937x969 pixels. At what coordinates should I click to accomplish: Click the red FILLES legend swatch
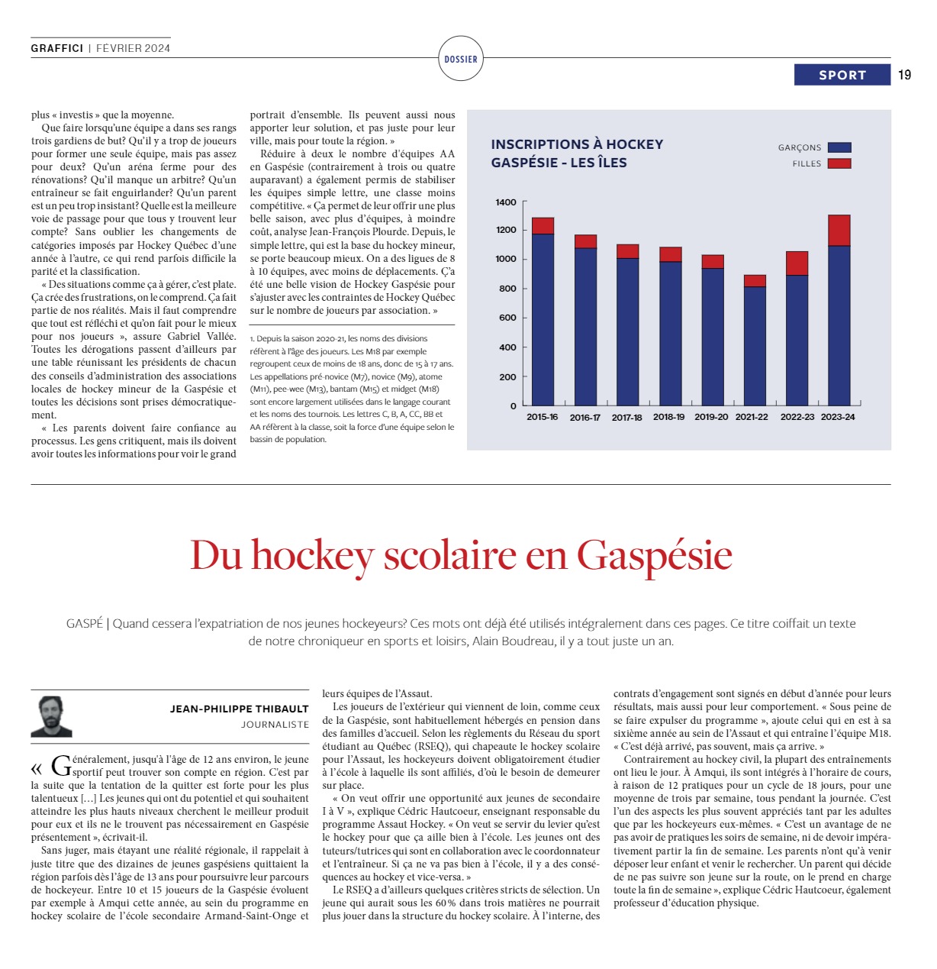pyautogui.click(x=839, y=163)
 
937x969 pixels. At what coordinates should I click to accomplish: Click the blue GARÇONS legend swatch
pyautogui.click(x=839, y=147)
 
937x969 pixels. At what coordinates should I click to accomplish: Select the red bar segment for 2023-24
pyautogui.click(x=839, y=231)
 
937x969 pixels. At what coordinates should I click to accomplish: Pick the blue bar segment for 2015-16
pyautogui.click(x=543, y=319)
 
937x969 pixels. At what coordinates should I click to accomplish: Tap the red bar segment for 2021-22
pyautogui.click(x=755, y=281)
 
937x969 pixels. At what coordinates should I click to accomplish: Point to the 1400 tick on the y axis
pyautogui.click(x=506, y=202)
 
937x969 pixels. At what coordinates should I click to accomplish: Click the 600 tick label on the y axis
pyautogui.click(x=507, y=318)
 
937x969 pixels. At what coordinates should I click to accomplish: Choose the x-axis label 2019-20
pyautogui.click(x=711, y=417)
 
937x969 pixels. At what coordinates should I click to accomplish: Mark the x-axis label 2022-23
pyautogui.click(x=797, y=417)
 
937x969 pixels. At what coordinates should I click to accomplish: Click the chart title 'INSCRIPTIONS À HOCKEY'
pyautogui.click(x=577, y=144)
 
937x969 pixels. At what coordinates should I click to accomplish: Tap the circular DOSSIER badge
pyautogui.click(x=461, y=59)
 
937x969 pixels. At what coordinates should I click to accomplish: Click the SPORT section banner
pyautogui.click(x=842, y=75)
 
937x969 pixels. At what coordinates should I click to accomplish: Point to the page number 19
pyautogui.click(x=904, y=75)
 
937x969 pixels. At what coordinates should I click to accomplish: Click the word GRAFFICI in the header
pyautogui.click(x=57, y=48)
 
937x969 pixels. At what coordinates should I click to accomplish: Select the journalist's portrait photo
pyautogui.click(x=51, y=715)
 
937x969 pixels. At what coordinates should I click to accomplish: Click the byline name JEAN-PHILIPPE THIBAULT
pyautogui.click(x=239, y=709)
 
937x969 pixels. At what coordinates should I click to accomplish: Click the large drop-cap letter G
pyautogui.click(x=60, y=765)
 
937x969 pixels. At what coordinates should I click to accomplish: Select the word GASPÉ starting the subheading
pyautogui.click(x=84, y=623)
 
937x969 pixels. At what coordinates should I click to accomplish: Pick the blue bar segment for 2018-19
pyautogui.click(x=671, y=333)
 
